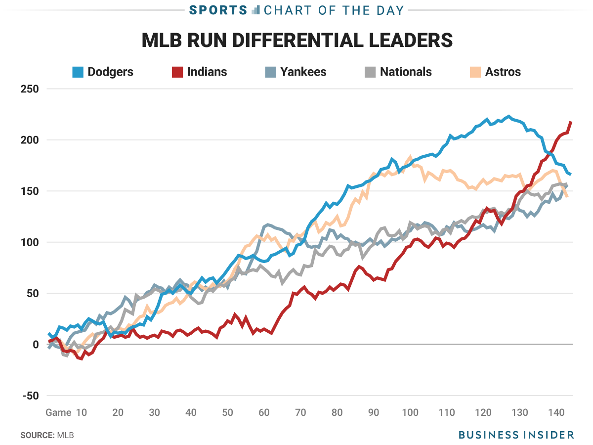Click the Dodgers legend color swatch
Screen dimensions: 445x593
78,72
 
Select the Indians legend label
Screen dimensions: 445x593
207,72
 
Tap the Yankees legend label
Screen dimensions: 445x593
303,72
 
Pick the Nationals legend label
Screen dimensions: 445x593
406,72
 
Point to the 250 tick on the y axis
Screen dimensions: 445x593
29,89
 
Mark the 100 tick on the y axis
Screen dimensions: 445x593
29,242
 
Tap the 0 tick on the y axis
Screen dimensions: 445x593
35,345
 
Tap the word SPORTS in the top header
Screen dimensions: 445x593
218,10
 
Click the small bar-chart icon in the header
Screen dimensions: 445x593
255,10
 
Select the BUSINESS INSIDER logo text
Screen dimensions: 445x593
516,435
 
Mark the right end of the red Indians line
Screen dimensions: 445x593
571,122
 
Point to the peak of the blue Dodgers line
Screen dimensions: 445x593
508,117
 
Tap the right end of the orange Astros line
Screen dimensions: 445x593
566,196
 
